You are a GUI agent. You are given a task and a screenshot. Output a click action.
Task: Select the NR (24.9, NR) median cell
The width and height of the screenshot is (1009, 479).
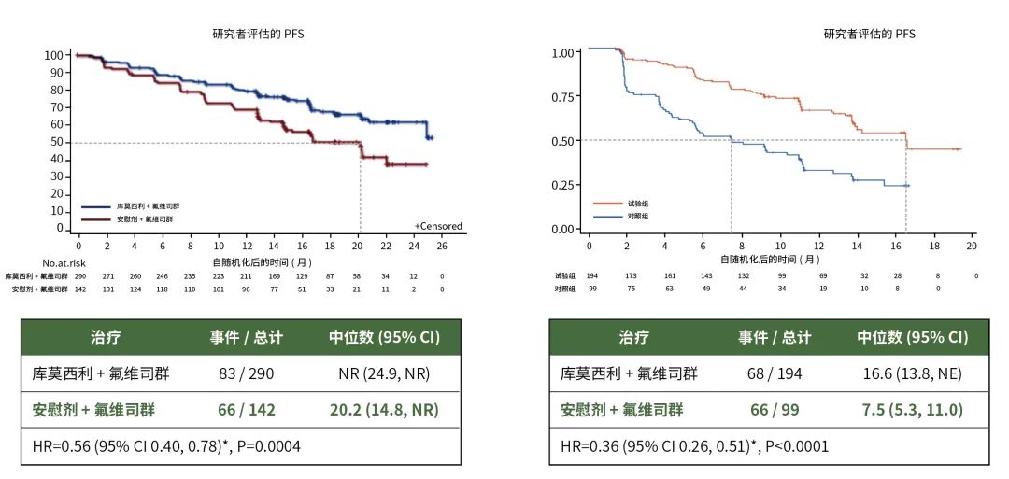point(383,374)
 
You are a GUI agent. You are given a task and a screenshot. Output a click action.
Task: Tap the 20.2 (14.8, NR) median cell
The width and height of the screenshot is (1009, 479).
point(383,410)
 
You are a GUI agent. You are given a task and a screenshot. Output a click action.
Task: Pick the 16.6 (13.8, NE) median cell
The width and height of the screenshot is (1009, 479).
point(912,374)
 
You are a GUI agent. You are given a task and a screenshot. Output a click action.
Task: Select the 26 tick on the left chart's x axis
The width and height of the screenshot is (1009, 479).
point(442,246)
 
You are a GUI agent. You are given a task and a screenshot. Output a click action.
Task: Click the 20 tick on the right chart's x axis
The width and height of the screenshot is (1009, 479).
point(972,245)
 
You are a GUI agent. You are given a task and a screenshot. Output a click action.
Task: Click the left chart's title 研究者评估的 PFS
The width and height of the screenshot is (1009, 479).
point(258,35)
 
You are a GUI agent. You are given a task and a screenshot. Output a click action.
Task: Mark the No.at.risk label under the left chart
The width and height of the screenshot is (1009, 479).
point(63,263)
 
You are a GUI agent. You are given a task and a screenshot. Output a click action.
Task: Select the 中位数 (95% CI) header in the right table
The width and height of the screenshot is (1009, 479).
point(912,337)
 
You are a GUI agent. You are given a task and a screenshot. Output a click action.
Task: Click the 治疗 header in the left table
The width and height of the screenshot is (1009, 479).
point(105,337)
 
